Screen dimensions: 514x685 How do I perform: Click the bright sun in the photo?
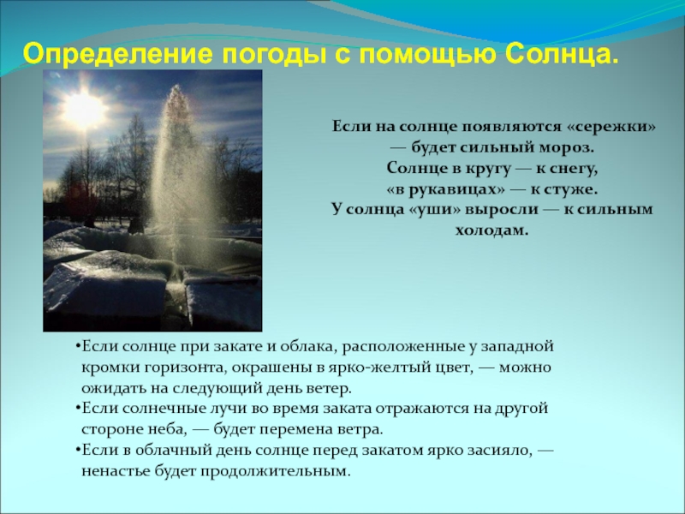click(x=85, y=108)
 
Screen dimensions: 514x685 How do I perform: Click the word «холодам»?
click(x=492, y=230)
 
